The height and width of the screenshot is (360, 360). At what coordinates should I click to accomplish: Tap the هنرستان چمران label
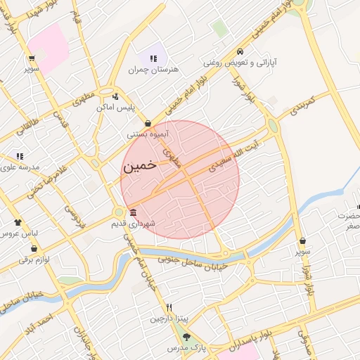pyautogui.click(x=154, y=70)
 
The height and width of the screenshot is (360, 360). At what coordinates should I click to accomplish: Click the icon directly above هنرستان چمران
pyautogui.click(x=153, y=58)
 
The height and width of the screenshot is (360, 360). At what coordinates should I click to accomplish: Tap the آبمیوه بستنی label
pyautogui.click(x=147, y=134)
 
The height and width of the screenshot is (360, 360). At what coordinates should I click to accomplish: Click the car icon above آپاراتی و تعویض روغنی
pyautogui.click(x=240, y=51)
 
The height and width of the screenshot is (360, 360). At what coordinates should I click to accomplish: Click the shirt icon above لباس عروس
pyautogui.click(x=18, y=221)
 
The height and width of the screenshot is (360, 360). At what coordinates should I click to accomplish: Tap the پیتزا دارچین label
pyautogui.click(x=169, y=319)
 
